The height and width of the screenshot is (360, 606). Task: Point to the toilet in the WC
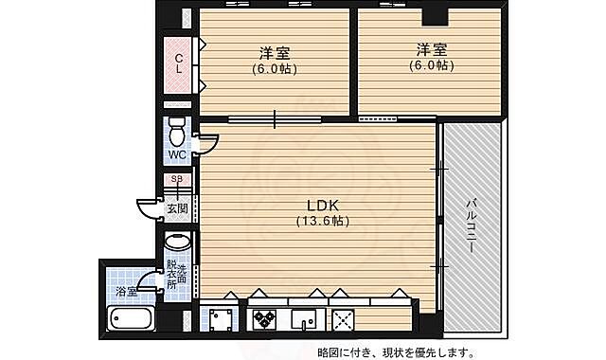(177, 131)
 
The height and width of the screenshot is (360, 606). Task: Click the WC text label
(177, 154)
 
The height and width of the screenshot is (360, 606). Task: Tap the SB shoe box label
(177, 179)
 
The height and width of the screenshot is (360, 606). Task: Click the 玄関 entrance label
(177, 207)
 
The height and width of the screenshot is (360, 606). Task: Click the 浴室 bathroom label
(126, 291)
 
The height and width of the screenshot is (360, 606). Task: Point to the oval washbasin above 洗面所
(178, 243)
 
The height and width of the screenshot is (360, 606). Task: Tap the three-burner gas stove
(263, 319)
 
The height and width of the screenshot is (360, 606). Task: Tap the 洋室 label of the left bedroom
(275, 53)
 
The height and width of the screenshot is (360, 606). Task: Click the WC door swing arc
(205, 142)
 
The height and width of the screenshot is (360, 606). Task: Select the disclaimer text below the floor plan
(397, 351)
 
